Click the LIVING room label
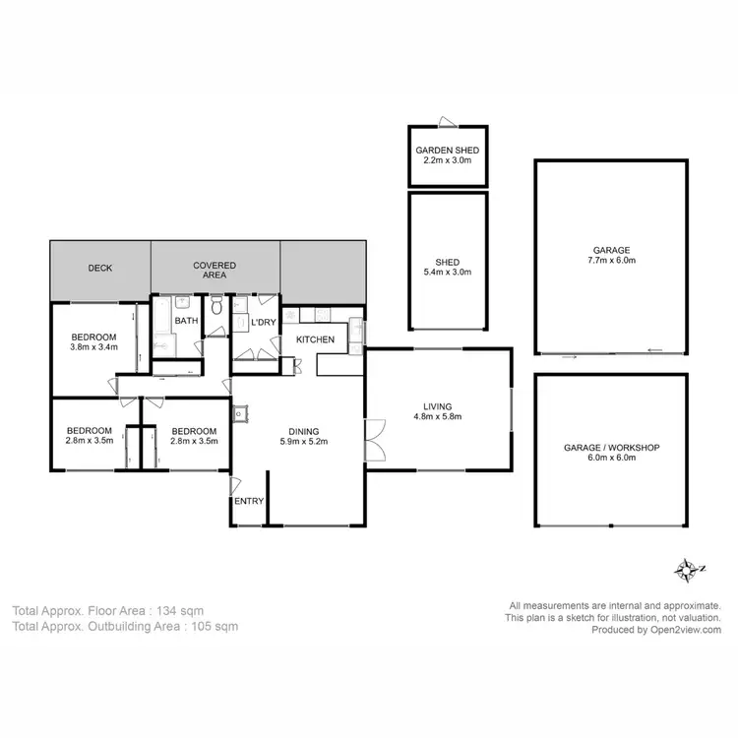tap(437, 405)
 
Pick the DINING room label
tap(303, 431)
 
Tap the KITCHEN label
tap(315, 339)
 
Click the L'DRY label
tap(263, 322)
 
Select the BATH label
tap(186, 321)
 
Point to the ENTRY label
tap(249, 501)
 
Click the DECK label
tap(100, 268)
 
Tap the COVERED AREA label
tap(214, 270)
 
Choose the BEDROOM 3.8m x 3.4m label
tap(93, 340)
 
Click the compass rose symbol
tap(685, 569)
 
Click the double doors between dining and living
tap(372, 439)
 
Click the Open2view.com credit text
tap(685, 630)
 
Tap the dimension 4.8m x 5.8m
tap(437, 416)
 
